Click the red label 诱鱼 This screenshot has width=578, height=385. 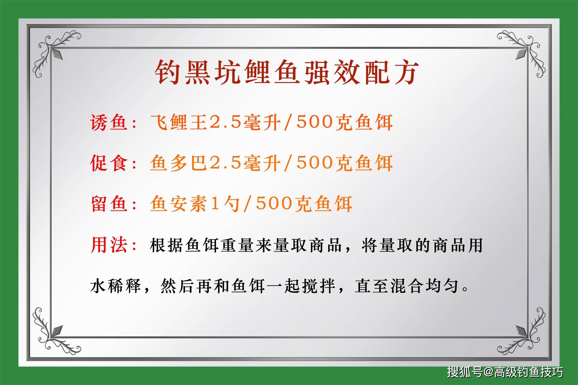[109, 123]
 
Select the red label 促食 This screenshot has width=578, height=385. [109, 163]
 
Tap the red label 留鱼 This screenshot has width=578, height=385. [109, 204]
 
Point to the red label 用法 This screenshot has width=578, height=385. [109, 245]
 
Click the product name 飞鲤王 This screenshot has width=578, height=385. [179, 123]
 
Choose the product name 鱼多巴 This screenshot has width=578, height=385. [179, 163]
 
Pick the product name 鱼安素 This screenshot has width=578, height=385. [179, 204]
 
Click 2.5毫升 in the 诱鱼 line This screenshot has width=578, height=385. [245, 123]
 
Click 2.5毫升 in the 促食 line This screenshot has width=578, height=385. [245, 163]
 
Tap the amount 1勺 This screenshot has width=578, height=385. [225, 204]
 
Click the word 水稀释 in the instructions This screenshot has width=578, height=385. [116, 286]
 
